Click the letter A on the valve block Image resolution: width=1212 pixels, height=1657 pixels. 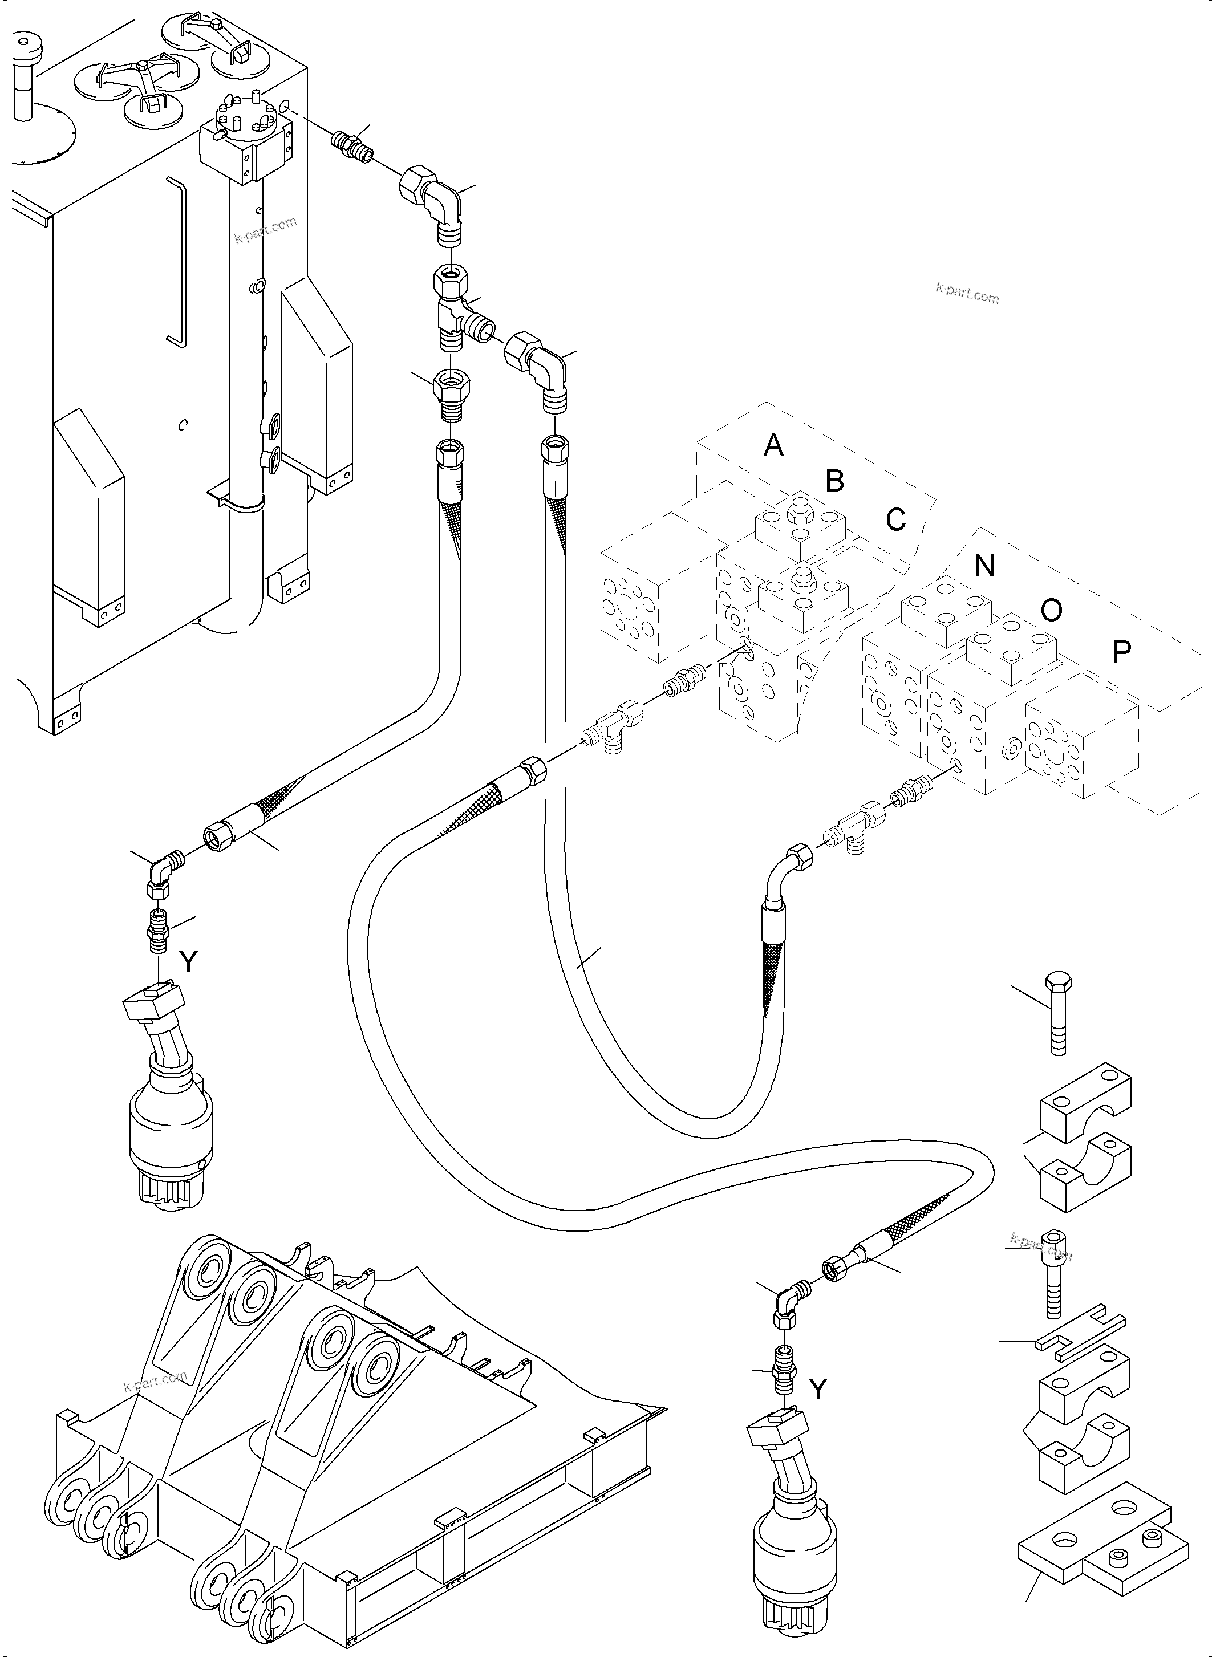(x=773, y=445)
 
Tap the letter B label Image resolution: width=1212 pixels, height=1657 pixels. (x=834, y=481)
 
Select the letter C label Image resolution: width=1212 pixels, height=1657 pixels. (x=896, y=519)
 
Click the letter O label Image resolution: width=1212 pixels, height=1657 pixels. (x=1051, y=610)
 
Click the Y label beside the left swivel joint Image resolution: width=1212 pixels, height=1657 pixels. (x=189, y=961)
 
